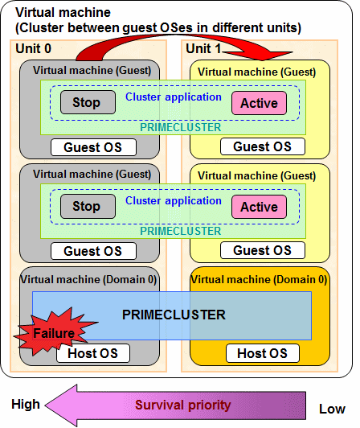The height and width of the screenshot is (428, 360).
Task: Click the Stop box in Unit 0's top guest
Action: tap(88, 102)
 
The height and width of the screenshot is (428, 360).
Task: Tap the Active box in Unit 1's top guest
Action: tap(259, 103)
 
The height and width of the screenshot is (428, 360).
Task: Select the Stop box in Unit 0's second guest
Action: tap(88, 206)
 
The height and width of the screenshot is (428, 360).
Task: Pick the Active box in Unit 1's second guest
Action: tap(259, 207)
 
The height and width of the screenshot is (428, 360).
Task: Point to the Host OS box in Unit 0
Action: tap(93, 353)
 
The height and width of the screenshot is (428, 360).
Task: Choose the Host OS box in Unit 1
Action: tap(263, 353)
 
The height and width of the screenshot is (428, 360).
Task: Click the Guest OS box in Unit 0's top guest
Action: tap(93, 147)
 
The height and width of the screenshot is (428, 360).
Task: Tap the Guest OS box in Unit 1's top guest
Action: tap(263, 146)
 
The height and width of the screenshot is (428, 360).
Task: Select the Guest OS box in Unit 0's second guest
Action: tap(93, 251)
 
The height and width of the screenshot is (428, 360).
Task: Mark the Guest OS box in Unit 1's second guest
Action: tap(263, 250)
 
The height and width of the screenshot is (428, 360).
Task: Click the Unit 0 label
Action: tap(33, 48)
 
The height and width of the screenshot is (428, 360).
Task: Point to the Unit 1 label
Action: tap(203, 48)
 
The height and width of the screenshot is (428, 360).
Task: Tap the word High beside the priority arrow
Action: tap(26, 404)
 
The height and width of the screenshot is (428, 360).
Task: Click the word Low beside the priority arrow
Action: tap(332, 409)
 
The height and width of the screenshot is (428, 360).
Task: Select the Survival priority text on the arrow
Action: tap(183, 405)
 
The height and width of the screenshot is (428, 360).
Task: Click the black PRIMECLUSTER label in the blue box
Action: tap(174, 315)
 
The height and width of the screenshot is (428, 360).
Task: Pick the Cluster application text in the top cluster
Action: tap(174, 97)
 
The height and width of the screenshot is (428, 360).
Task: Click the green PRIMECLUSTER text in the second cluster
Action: tap(181, 231)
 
